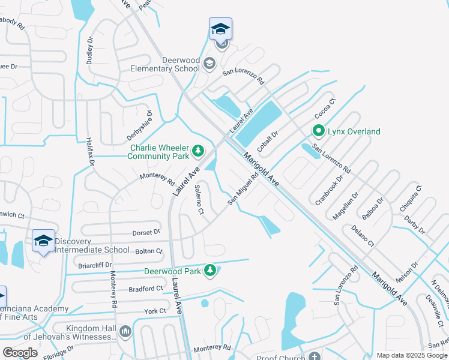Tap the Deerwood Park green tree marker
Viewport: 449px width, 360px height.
point(210,271)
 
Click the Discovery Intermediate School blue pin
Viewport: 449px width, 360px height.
point(43,241)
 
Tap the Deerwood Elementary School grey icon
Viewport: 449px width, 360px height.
point(209,64)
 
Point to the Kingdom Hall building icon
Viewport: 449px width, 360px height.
point(125,331)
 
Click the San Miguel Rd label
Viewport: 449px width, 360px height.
point(243,188)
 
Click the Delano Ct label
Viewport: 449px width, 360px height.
point(363,236)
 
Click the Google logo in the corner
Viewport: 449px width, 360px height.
point(20,353)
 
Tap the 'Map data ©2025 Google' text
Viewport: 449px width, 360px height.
point(411,355)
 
